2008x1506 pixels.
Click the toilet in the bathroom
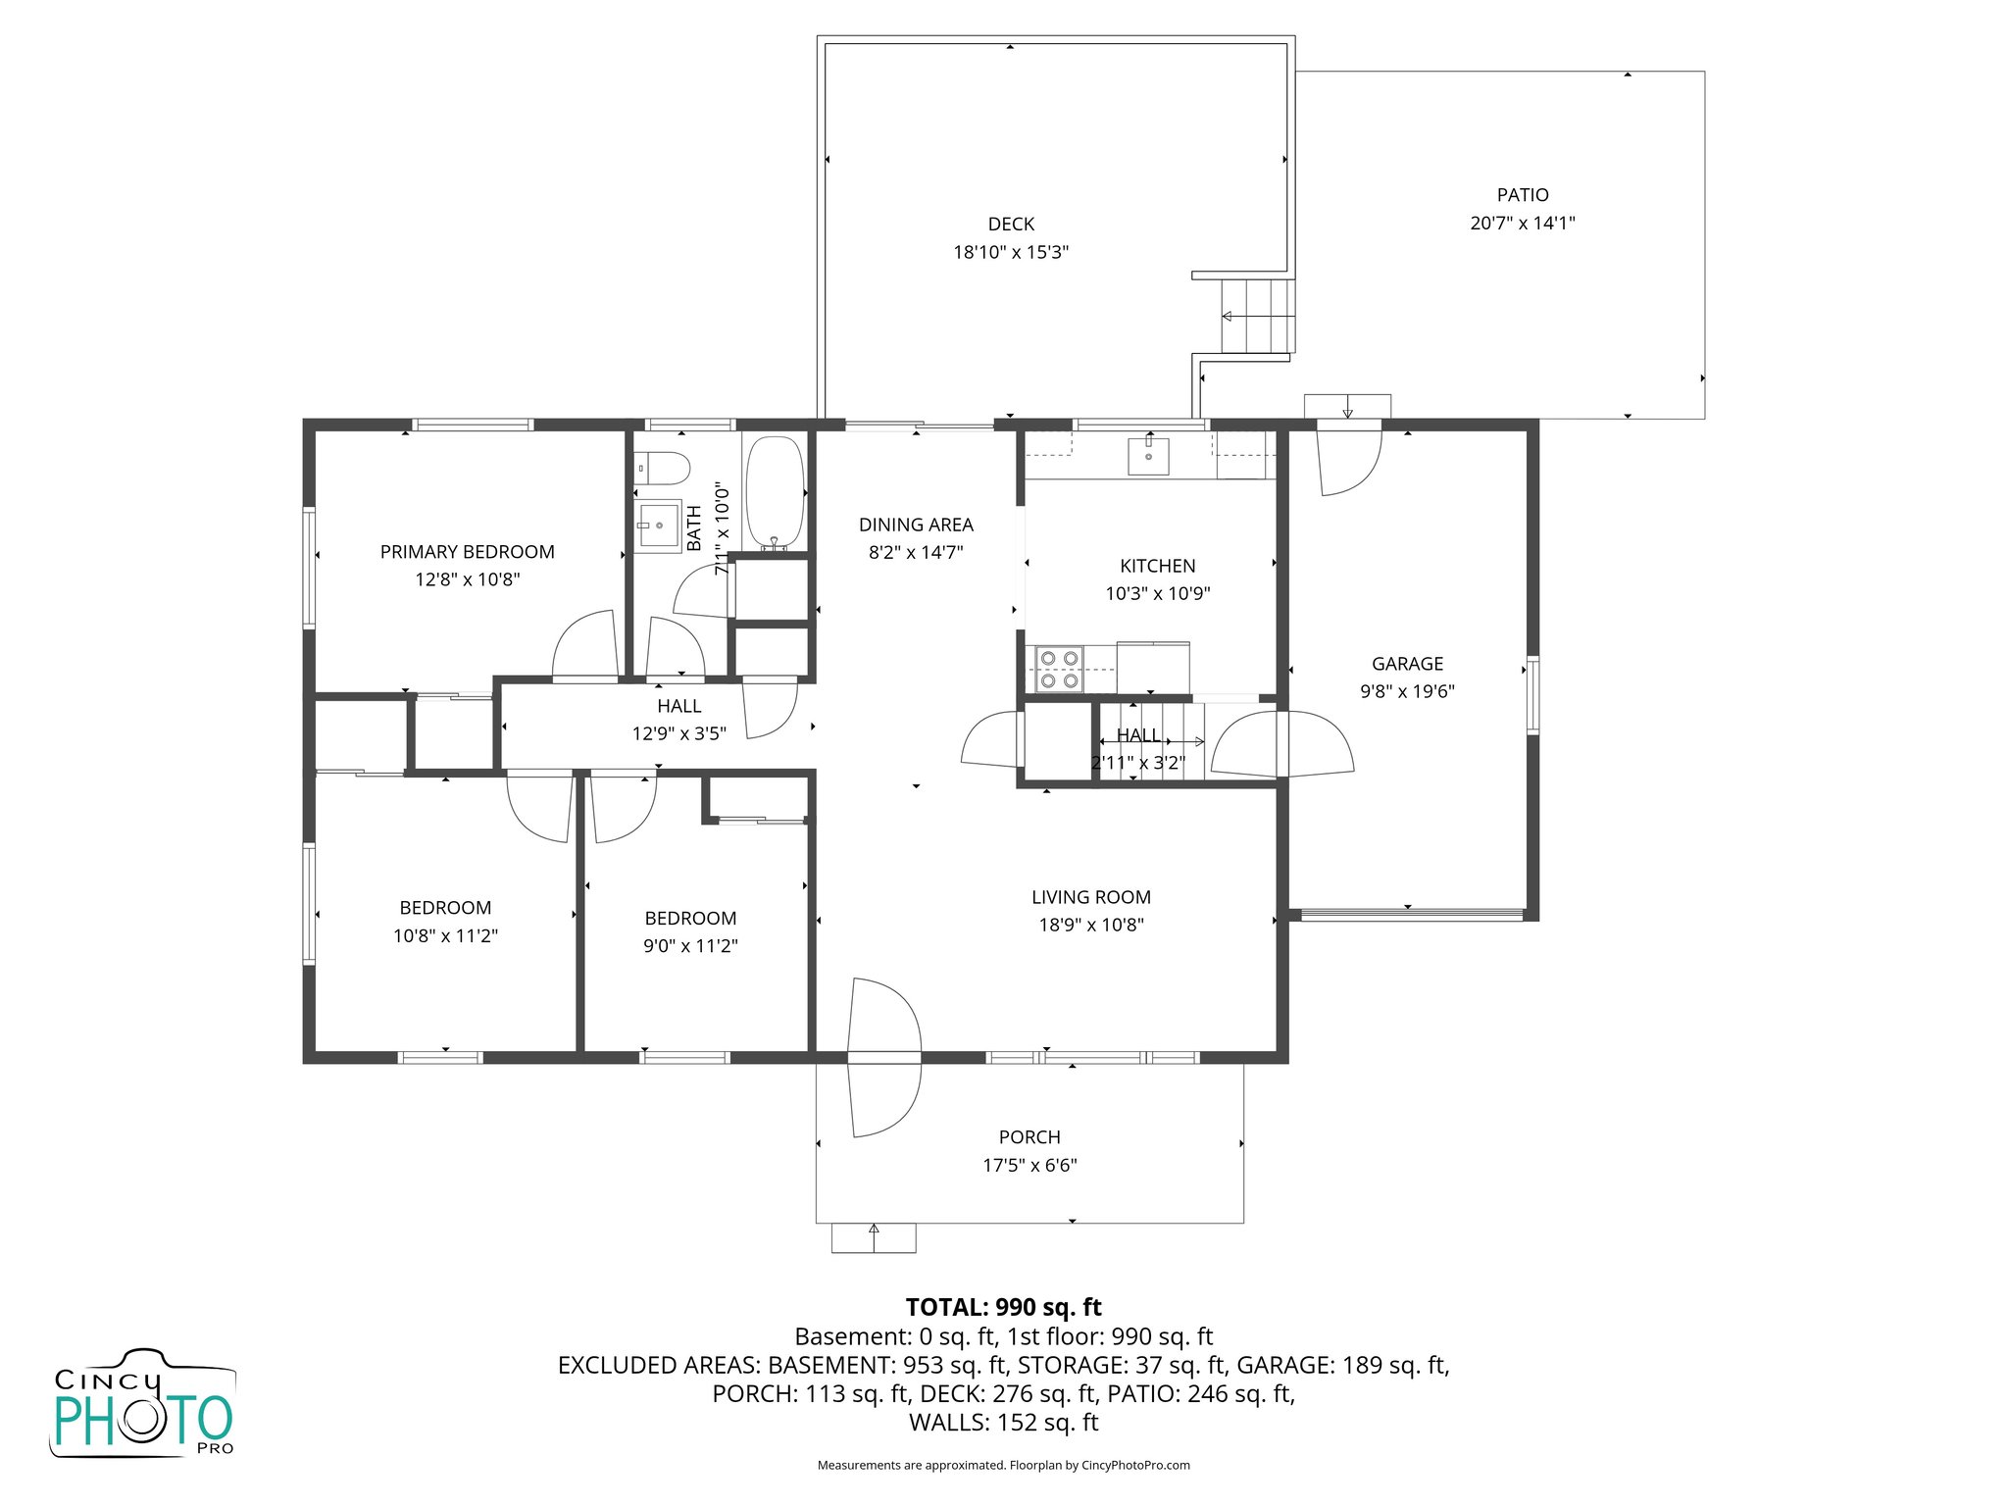pos(659,468)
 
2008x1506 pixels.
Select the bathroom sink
pos(658,527)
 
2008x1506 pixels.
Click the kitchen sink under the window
pos(1148,456)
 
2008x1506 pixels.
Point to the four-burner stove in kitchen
pos(1059,670)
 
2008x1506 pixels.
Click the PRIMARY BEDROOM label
pos(467,552)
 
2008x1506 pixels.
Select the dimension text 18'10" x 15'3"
pos(1011,252)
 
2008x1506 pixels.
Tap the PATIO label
pos(1523,195)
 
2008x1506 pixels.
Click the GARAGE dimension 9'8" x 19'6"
pos(1407,691)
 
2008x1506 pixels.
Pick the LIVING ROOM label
pos(1090,897)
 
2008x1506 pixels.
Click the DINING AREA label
pos(916,525)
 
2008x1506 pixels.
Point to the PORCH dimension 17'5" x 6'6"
pos(1029,1165)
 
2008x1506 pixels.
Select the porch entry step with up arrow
pos(874,1237)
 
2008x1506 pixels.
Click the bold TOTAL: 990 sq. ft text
pos(1003,1307)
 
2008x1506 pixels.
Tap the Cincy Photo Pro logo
pos(143,1404)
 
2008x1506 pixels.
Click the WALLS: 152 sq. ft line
pos(1003,1422)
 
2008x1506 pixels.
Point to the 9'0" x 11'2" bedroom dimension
pos(690,946)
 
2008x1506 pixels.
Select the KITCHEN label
pos(1157,566)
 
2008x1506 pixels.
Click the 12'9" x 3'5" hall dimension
pos(678,733)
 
